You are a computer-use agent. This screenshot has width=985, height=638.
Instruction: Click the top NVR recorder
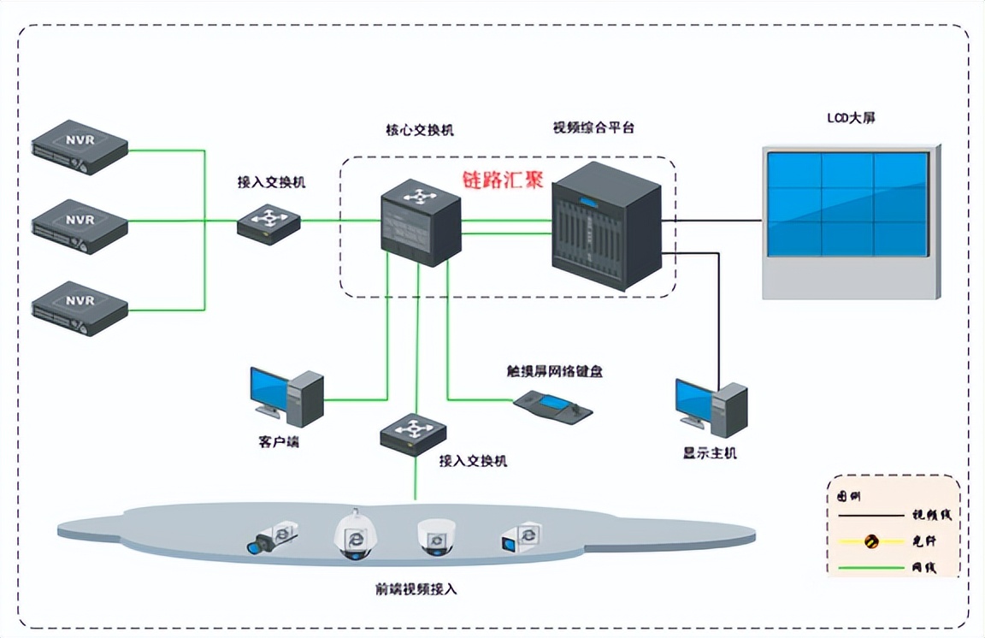coord(80,147)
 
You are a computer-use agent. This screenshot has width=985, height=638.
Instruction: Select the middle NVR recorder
coord(80,227)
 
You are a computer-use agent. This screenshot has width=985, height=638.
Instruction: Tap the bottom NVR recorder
coord(80,308)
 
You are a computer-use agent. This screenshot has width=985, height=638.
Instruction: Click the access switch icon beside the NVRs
coord(269,223)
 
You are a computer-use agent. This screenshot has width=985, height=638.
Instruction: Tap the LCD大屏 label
coord(850,118)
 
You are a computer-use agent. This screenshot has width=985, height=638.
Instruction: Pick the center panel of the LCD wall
coord(846,204)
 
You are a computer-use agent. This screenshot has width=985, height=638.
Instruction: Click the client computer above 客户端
coord(286,397)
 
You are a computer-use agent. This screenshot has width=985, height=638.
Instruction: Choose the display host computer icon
coord(711,405)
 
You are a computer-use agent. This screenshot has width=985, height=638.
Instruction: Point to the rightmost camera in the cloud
coord(522,536)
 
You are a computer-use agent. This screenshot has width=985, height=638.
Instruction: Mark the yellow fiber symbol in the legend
coord(871,541)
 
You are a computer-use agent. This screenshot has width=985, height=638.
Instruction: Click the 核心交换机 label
coord(419,130)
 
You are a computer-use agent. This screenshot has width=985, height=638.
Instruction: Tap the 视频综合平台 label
coord(593,127)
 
